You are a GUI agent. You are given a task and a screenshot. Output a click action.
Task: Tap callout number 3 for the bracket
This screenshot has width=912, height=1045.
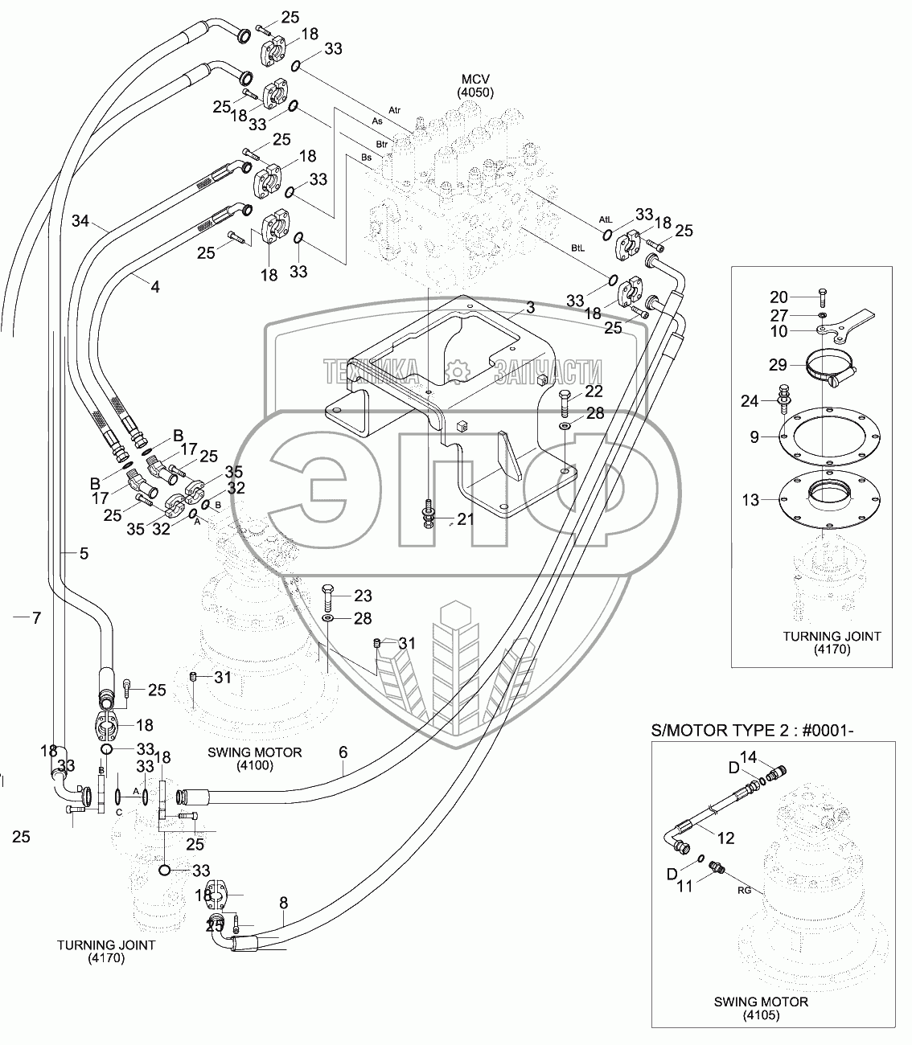coord(530,307)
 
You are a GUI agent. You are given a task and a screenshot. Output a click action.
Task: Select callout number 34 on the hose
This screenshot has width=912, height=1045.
coord(80,219)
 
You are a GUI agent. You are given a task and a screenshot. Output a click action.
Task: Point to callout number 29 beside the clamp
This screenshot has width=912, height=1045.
coord(777,365)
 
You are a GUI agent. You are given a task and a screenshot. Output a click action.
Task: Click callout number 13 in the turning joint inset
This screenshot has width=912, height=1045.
coord(750,500)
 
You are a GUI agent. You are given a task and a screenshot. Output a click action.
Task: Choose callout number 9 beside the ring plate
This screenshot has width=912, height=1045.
coord(754,437)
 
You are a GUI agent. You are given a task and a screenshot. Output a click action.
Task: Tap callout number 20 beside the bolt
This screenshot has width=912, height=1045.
coord(778,297)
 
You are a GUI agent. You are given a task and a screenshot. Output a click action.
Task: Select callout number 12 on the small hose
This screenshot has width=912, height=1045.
coord(725,838)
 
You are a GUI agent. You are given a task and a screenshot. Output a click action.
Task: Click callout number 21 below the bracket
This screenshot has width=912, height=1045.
coord(466,519)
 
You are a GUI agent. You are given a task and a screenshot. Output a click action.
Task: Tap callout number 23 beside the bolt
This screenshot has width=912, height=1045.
coord(363,596)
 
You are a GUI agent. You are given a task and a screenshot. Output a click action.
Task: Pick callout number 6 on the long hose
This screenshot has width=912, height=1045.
coord(343,752)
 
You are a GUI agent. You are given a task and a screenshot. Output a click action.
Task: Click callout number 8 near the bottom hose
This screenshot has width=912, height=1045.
coord(283,903)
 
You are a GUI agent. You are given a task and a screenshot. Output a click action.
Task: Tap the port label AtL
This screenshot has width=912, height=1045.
coord(606,219)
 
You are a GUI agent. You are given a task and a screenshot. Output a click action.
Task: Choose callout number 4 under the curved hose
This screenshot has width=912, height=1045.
coord(155,285)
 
